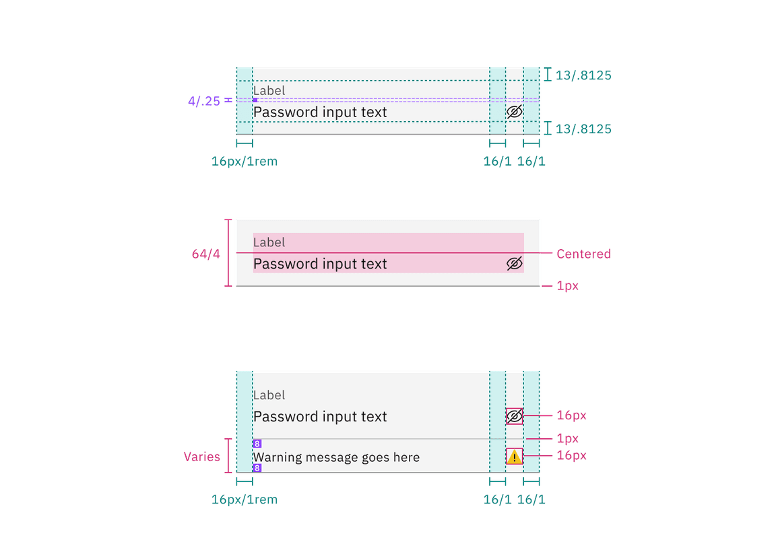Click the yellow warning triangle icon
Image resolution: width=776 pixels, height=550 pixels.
(515, 457)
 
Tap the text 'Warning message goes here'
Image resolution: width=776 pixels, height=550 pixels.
(336, 458)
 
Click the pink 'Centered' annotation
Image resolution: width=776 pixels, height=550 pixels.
(583, 254)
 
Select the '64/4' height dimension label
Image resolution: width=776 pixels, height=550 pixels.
(206, 254)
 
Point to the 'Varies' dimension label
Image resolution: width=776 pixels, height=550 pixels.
(202, 457)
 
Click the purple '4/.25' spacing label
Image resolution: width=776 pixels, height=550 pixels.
(204, 101)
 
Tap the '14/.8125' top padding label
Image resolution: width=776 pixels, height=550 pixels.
(583, 75)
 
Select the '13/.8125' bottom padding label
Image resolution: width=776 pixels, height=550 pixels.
(583, 129)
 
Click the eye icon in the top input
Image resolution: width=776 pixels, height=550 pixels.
(515, 112)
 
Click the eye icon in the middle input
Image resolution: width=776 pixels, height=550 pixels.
(515, 264)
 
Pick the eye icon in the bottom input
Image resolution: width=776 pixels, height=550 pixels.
(515, 417)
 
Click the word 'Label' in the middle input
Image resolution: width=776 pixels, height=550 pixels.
(269, 242)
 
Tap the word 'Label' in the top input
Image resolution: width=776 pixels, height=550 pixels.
(269, 91)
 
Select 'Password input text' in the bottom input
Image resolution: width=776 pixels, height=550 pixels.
(320, 417)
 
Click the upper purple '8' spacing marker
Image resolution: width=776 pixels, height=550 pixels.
(257, 444)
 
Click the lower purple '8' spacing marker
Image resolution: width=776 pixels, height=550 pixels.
(257, 468)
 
